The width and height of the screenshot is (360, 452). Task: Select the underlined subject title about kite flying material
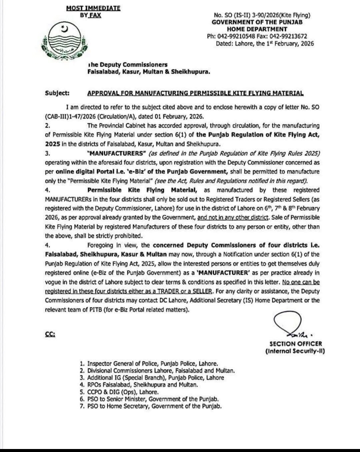195,93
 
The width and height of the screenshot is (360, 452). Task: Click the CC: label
50,334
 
